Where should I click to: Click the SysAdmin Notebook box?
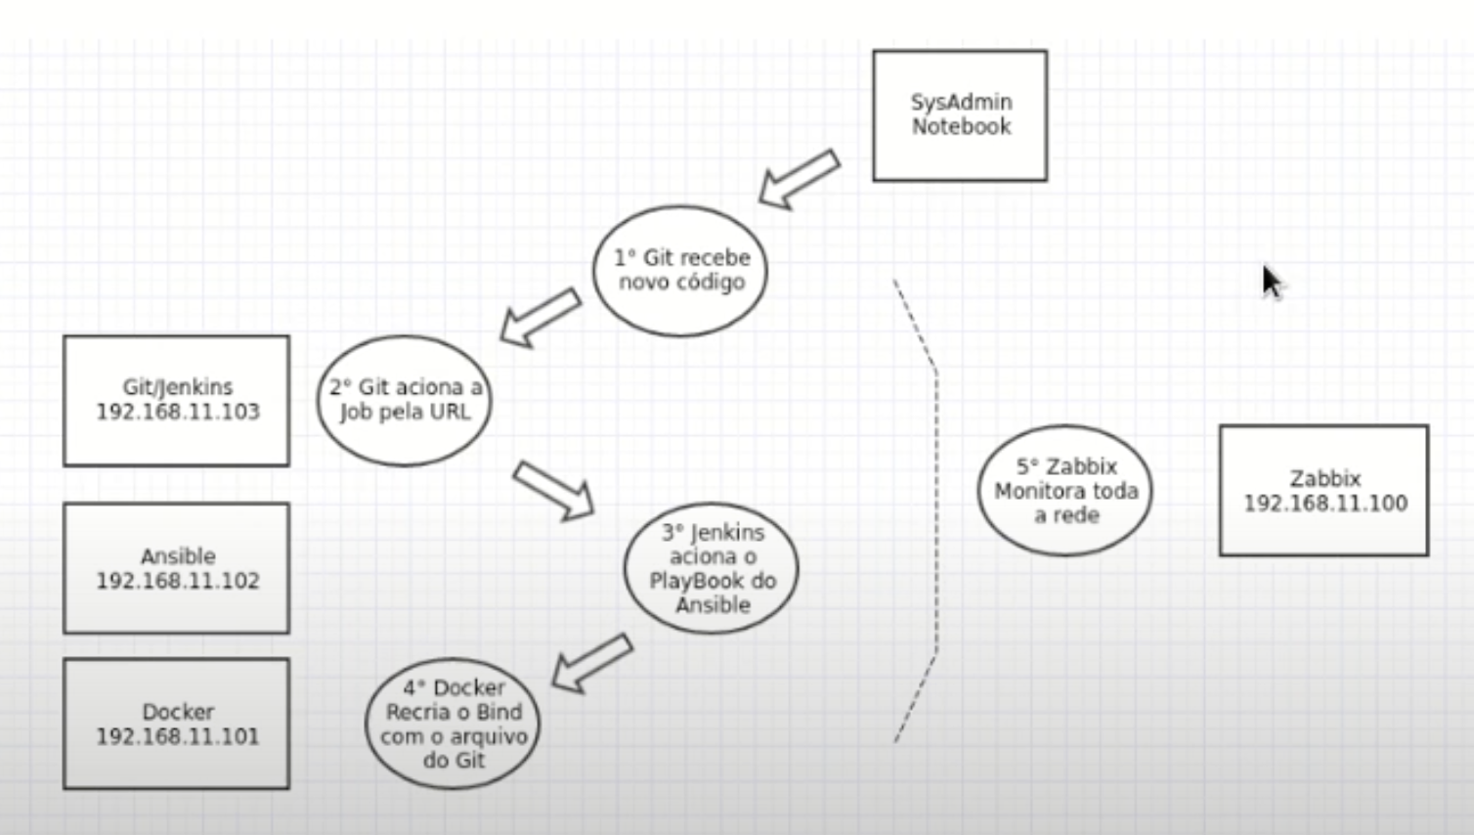click(959, 115)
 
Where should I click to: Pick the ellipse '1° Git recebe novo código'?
click(680, 270)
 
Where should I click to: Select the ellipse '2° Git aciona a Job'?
click(404, 400)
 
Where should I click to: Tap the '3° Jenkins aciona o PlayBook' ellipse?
click(712, 568)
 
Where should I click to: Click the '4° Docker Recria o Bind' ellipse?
click(453, 724)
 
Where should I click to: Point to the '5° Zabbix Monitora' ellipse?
click(1064, 490)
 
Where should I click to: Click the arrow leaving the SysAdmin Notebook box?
click(799, 179)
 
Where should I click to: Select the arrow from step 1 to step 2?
click(540, 316)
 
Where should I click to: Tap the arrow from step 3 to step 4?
click(591, 663)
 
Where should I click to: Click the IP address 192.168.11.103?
click(178, 412)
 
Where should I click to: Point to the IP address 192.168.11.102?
click(178, 581)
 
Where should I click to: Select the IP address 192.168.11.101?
click(178, 736)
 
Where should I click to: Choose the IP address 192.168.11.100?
click(1324, 504)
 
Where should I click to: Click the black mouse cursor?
click(1271, 282)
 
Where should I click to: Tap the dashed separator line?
click(936, 508)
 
